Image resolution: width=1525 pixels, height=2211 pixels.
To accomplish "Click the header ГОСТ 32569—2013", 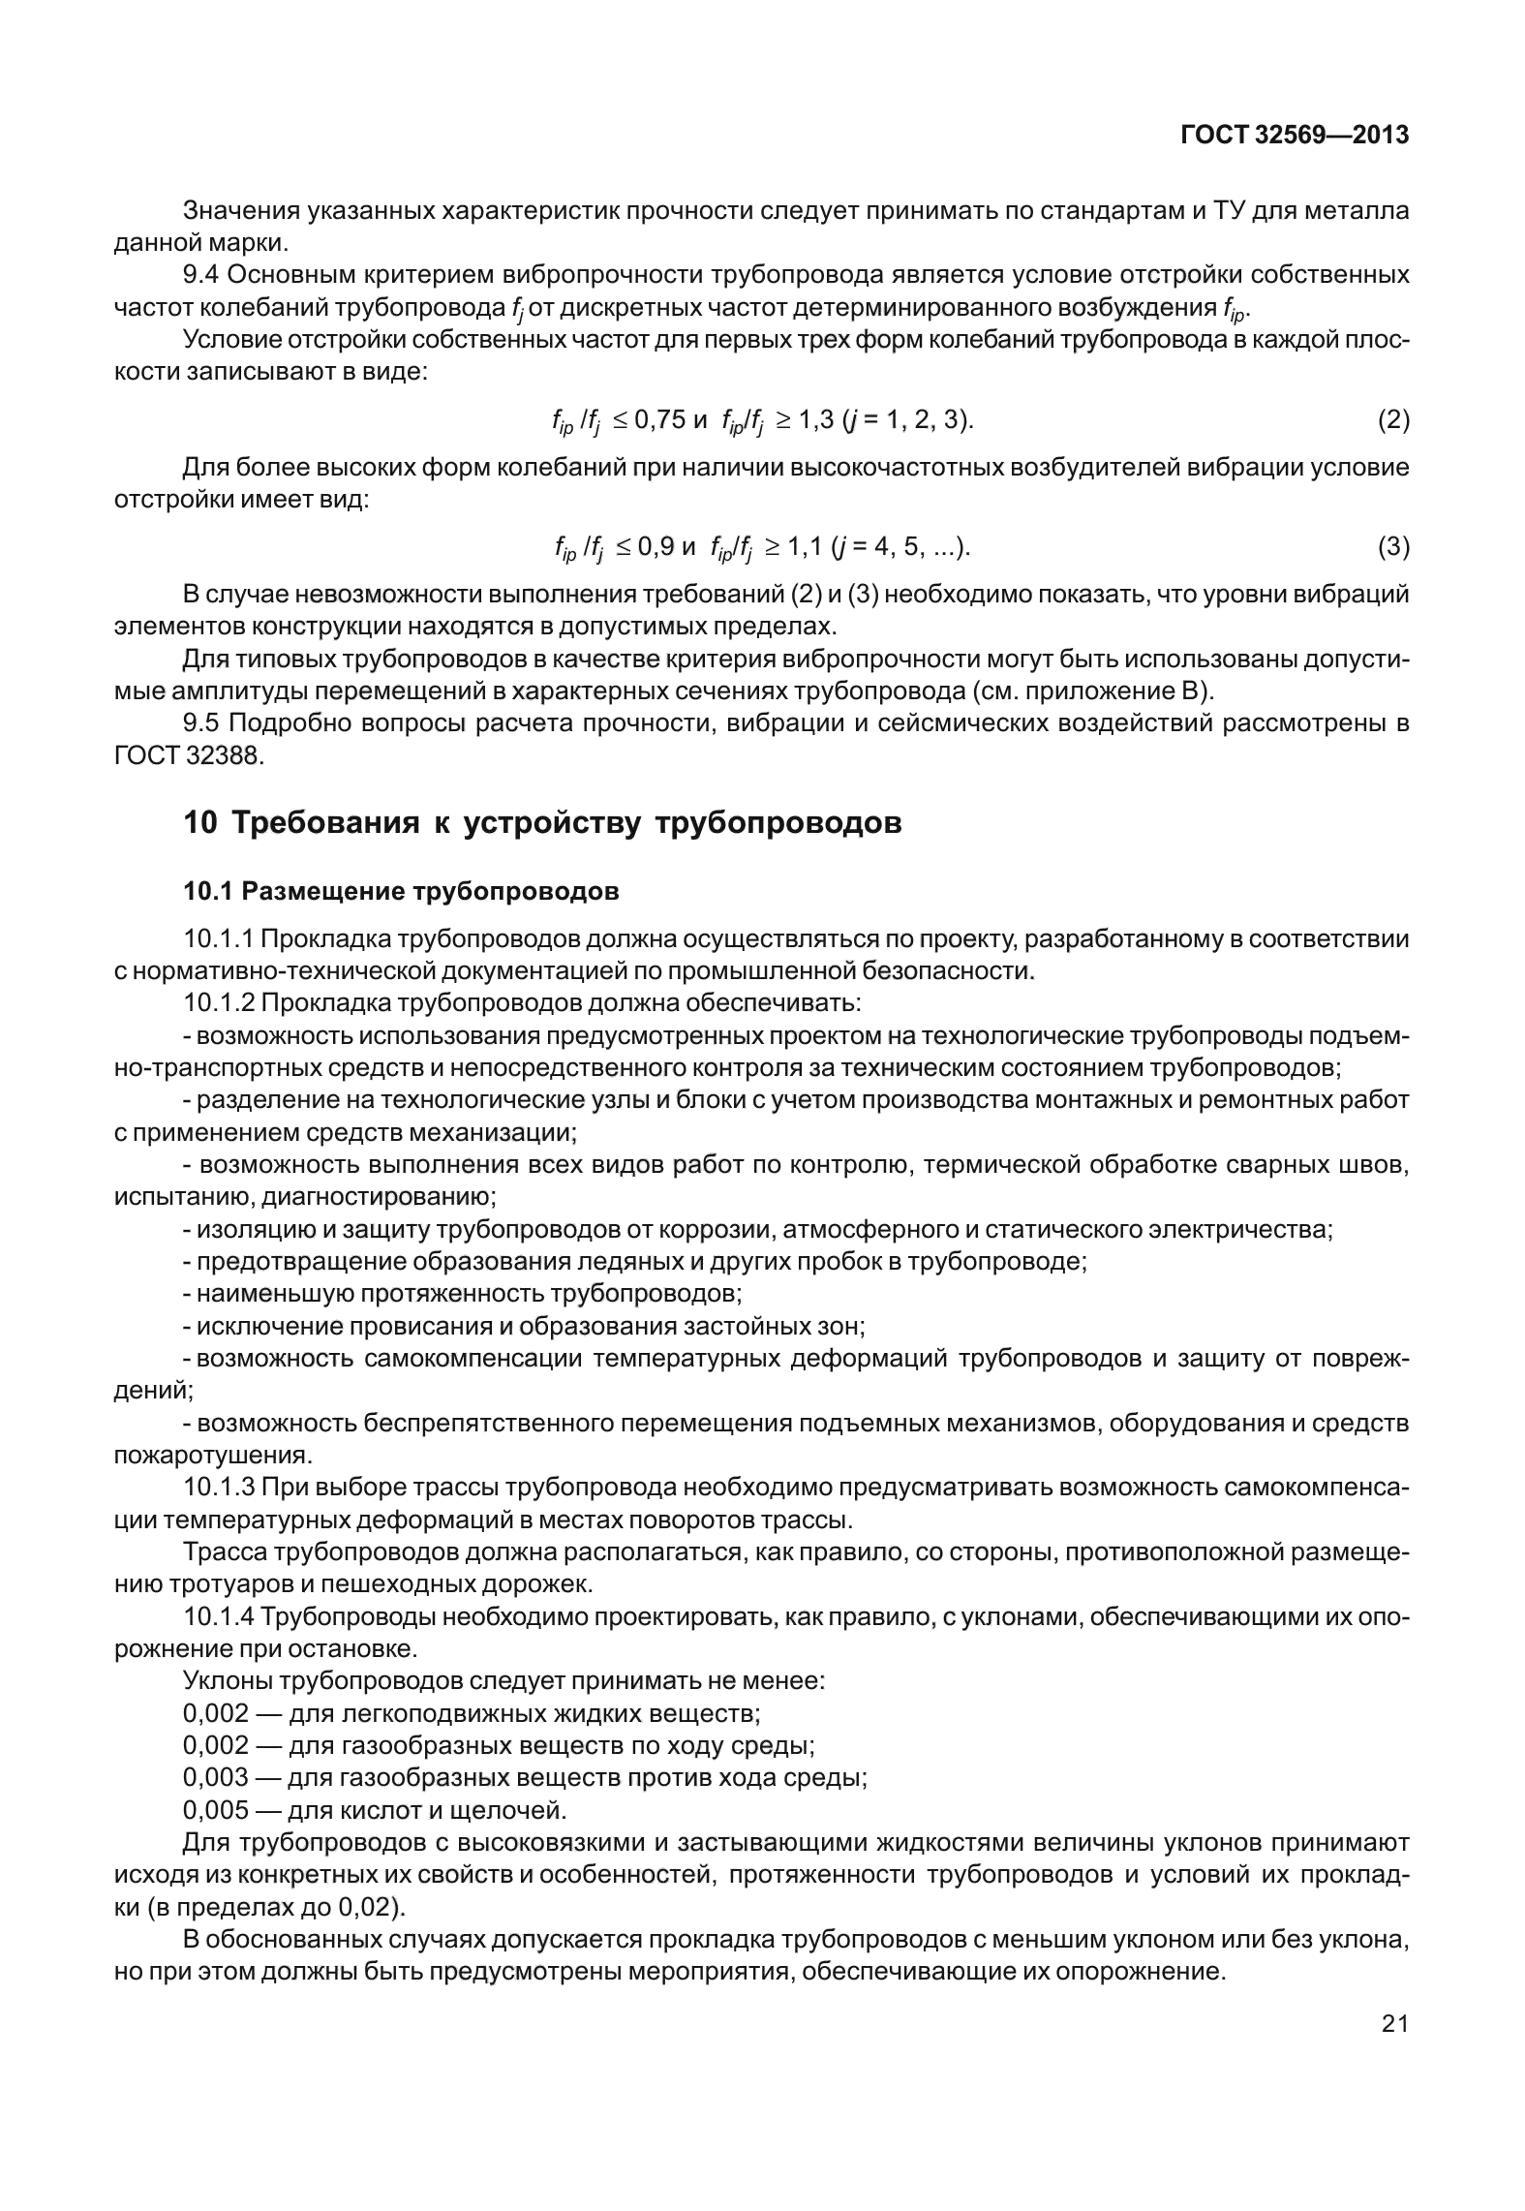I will [1294, 136].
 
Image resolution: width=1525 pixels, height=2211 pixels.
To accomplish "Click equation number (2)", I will [1392, 420].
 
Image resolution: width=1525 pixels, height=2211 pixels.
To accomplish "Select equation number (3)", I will [1392, 548].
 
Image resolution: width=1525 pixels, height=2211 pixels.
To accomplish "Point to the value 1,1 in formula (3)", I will [802, 548].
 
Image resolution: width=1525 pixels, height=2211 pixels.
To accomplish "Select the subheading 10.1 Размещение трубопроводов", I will [401, 891].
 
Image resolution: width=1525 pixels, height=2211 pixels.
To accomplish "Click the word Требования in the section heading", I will [325, 823].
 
